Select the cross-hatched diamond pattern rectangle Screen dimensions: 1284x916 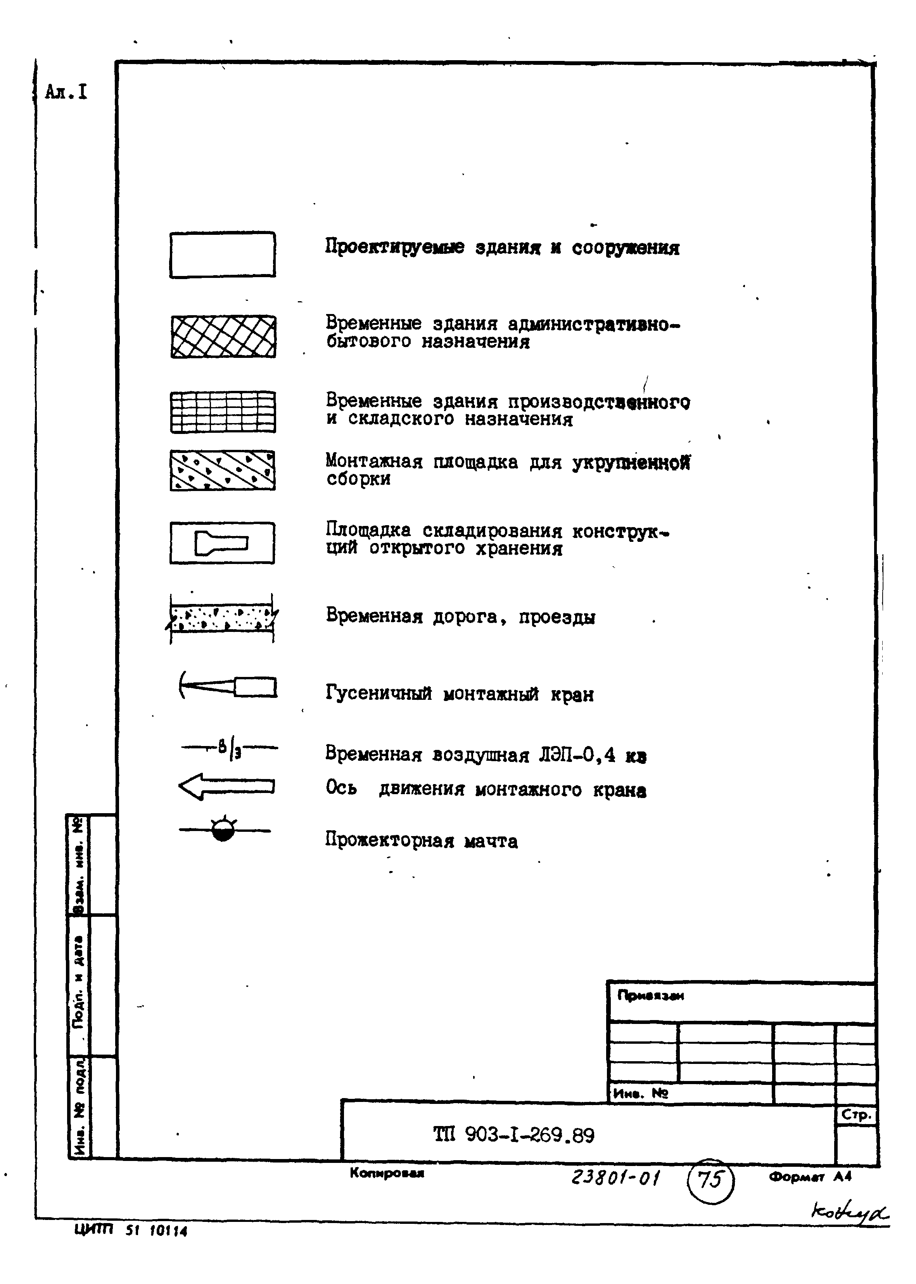point(223,337)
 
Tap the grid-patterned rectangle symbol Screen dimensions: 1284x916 point(223,412)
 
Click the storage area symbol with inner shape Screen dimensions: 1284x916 point(222,543)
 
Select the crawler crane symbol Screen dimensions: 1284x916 point(228,686)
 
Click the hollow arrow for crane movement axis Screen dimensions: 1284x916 point(226,786)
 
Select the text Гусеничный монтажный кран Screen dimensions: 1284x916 point(459,693)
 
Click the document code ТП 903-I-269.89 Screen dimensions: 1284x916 point(513,1135)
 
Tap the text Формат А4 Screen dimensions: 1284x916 point(809,1177)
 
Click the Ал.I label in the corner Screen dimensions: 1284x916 point(66,92)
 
